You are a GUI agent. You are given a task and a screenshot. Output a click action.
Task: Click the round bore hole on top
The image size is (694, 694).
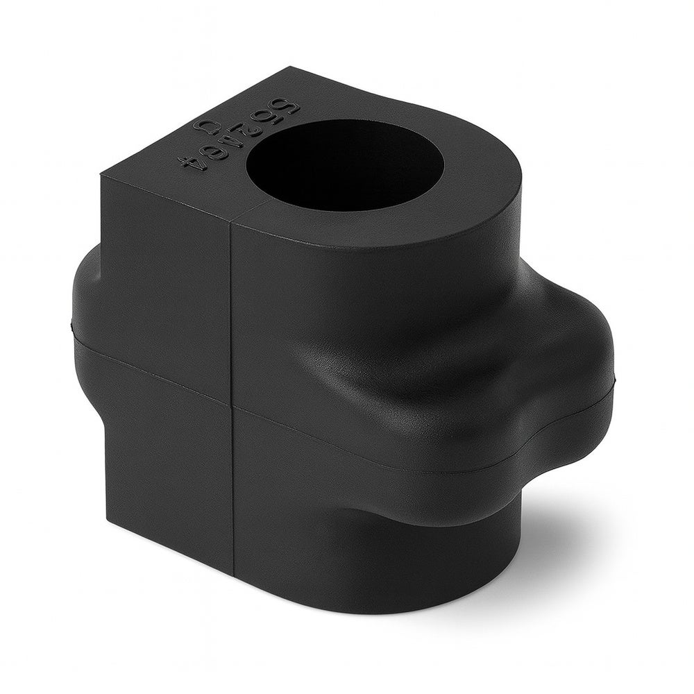(x=345, y=165)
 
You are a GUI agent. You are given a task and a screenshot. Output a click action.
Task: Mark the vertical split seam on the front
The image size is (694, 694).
(x=232, y=312)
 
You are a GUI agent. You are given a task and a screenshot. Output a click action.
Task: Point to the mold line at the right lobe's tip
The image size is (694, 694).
(x=613, y=380)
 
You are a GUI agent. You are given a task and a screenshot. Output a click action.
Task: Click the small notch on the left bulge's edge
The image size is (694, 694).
(x=73, y=323)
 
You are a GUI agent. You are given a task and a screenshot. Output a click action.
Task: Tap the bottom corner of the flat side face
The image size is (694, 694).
(x=106, y=517)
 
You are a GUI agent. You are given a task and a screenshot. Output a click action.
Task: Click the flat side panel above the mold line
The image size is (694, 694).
(x=167, y=278)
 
